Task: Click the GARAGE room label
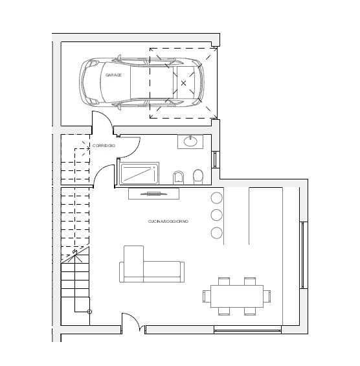pos(113,75)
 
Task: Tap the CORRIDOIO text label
pos(104,146)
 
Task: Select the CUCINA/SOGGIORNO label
pos(168,222)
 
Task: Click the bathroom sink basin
pos(190,141)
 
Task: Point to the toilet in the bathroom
pos(198,176)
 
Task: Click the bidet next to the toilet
pos(179,177)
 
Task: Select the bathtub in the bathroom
pos(139,174)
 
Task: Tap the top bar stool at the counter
pos(216,198)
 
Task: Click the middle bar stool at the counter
pos(216,215)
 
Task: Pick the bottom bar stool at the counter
pos(216,233)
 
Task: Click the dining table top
pos(237,296)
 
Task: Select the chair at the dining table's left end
pos(207,296)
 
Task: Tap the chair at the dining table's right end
pos(267,296)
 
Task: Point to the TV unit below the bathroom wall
pos(153,194)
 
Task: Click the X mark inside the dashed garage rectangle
pos(183,83)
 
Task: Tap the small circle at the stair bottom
pos(89,312)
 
